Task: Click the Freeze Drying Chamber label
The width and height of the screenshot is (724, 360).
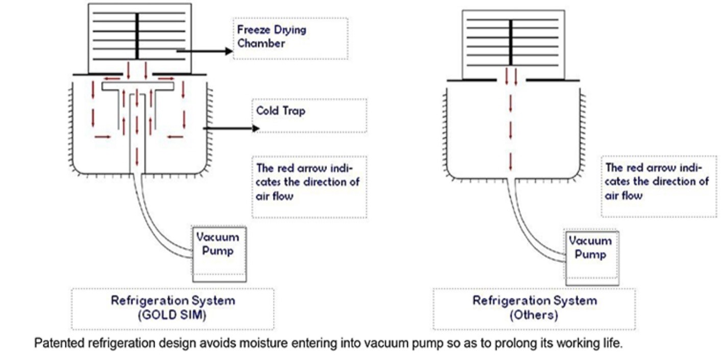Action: coord(271,36)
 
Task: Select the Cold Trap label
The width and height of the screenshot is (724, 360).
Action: coord(281,111)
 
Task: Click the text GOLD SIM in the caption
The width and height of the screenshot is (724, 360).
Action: coord(172,315)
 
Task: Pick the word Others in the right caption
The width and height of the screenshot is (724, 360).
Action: coord(534,315)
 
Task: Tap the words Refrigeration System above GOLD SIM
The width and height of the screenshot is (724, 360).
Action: coord(173,300)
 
